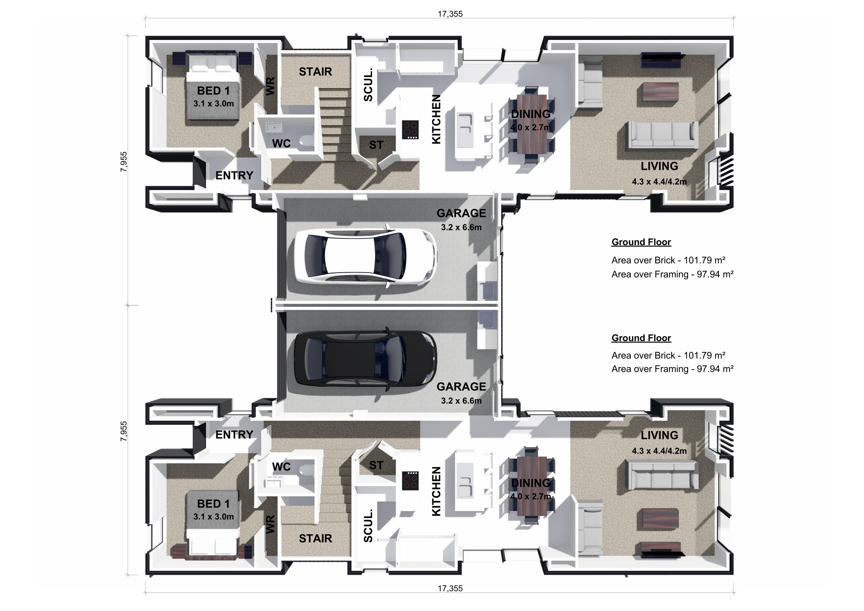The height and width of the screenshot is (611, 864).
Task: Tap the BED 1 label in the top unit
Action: (x=213, y=91)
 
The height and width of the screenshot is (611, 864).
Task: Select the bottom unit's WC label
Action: (x=281, y=466)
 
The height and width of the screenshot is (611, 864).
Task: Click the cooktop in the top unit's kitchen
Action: (x=410, y=130)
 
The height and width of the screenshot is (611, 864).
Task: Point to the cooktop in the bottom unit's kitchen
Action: (x=410, y=481)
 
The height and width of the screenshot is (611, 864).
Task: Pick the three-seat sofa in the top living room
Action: (x=662, y=135)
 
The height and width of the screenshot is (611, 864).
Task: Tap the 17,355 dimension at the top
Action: (x=450, y=14)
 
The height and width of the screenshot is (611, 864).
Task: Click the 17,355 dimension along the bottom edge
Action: (x=450, y=588)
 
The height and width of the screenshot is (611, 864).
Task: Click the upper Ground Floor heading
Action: (x=641, y=242)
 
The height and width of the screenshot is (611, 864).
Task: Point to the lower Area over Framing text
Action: (x=672, y=369)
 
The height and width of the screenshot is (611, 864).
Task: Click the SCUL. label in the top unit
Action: (x=368, y=85)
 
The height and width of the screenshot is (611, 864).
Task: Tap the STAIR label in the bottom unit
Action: (x=315, y=538)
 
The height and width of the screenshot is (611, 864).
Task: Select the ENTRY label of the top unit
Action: (x=234, y=176)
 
